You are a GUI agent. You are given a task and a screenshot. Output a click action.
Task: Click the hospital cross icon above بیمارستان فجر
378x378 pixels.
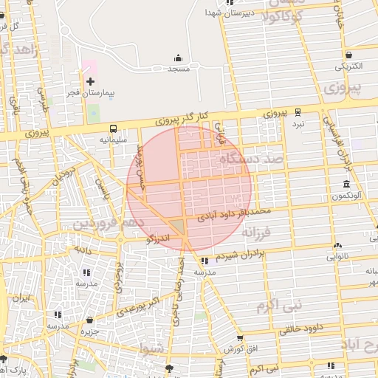pos(90,81)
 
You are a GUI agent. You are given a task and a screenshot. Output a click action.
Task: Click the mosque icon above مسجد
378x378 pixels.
pos(178,58)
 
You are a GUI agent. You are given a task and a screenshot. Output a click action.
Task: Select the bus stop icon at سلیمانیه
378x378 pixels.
pos(113,128)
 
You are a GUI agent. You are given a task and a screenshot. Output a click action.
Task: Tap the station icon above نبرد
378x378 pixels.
pos(298,112)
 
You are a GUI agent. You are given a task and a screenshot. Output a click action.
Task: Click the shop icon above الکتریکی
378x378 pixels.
pos(348,55)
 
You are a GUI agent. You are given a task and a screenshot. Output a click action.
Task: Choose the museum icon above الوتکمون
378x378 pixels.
pos(347,184)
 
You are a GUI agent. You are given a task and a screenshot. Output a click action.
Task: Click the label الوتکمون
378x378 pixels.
pos(346,196)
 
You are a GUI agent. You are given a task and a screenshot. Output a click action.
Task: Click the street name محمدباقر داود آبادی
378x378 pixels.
pos(235,214)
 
